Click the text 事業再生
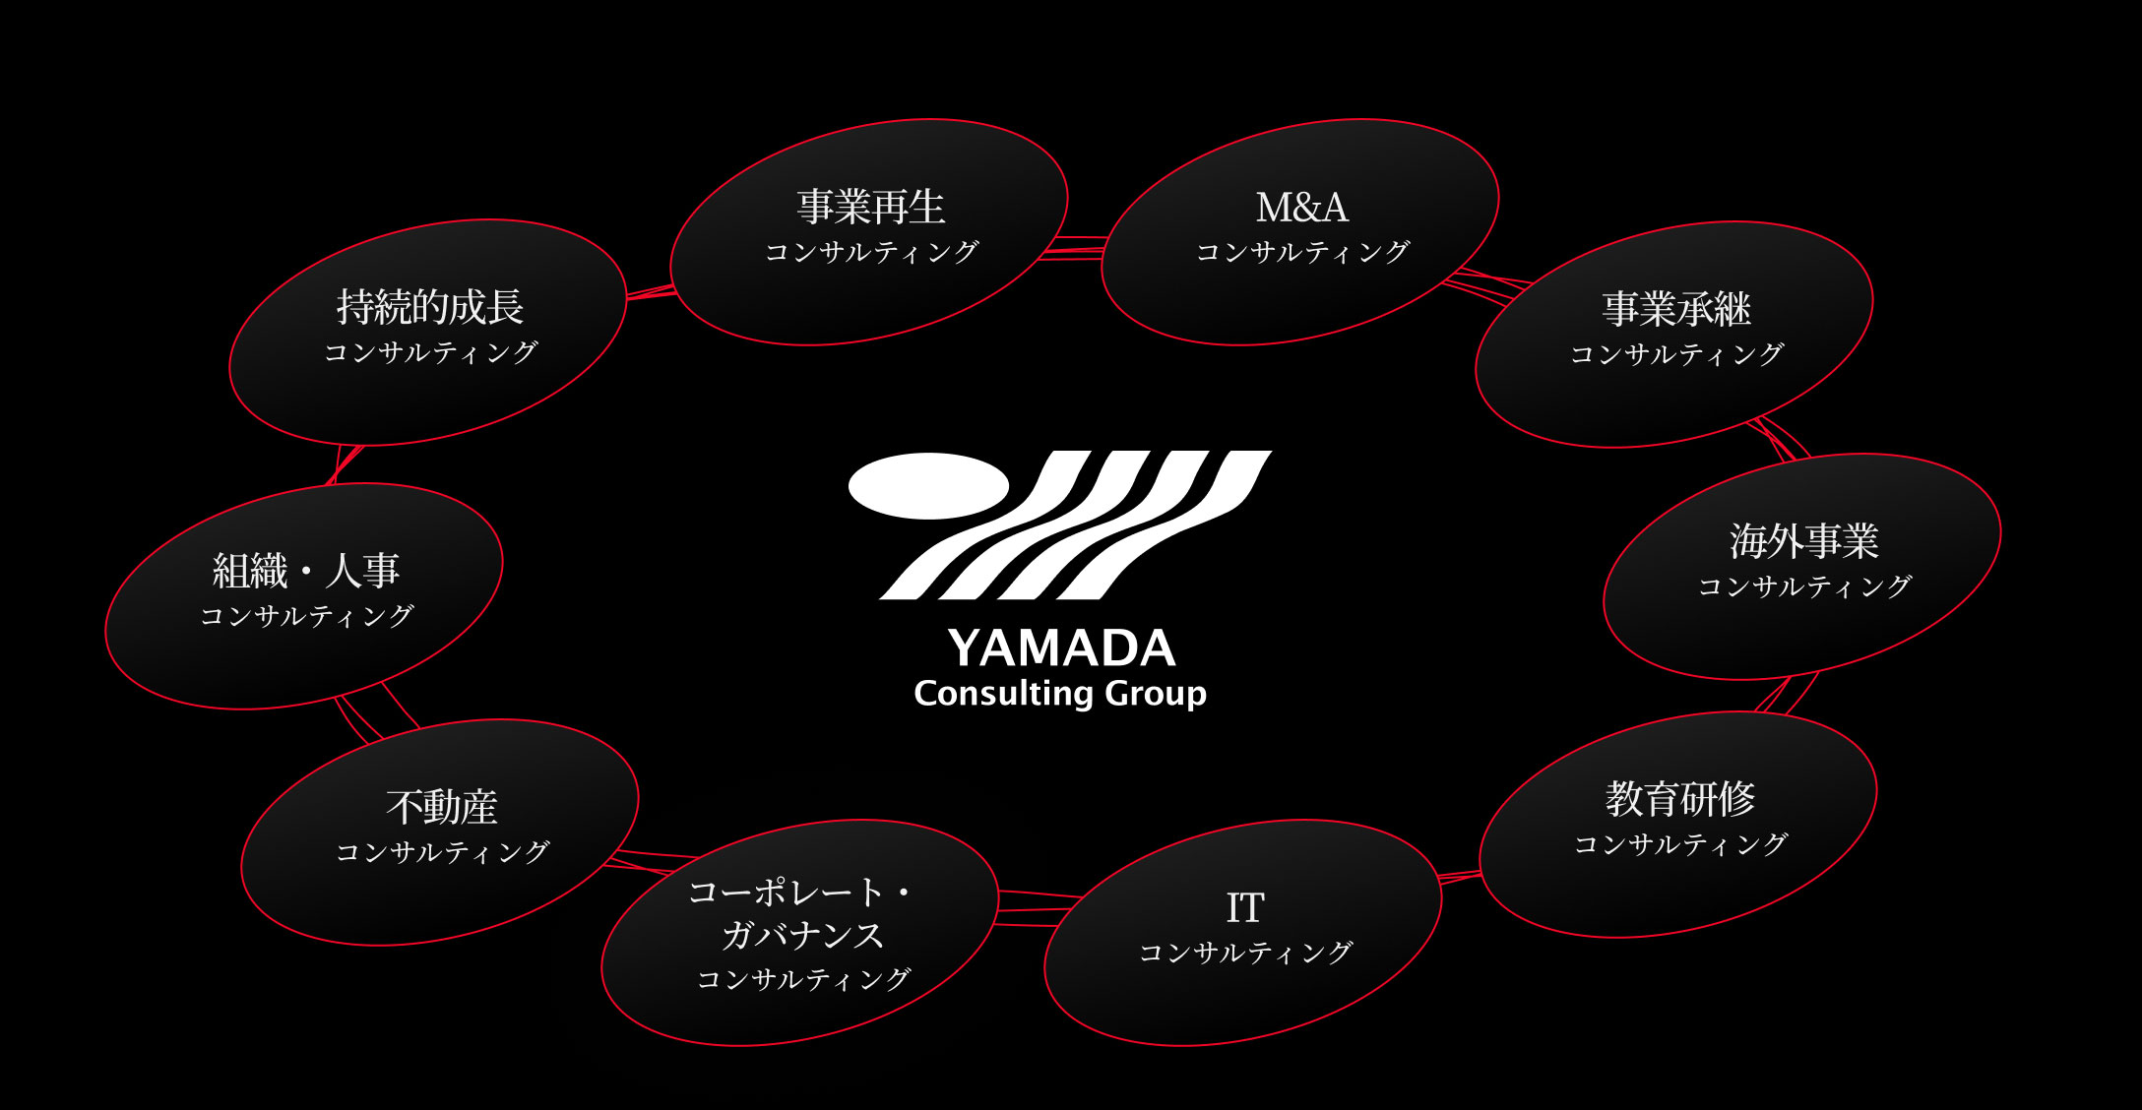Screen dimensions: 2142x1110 (x=871, y=207)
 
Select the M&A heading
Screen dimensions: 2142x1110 (x=1302, y=208)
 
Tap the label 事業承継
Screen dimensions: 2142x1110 (x=1676, y=309)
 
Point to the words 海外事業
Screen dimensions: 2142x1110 (x=1804, y=541)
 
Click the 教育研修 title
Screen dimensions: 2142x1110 (x=1680, y=799)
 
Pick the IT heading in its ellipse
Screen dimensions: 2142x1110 (x=1245, y=908)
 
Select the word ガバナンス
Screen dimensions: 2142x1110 (x=802, y=935)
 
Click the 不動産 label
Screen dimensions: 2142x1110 (x=442, y=807)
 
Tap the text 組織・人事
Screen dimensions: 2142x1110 (x=306, y=571)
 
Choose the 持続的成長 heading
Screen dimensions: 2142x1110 (x=430, y=307)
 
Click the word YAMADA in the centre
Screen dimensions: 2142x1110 (x=1061, y=648)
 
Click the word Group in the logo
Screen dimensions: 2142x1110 (x=1157, y=695)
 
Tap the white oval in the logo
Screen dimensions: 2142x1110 (x=928, y=486)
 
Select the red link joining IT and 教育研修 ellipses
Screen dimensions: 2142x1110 (x=1460, y=877)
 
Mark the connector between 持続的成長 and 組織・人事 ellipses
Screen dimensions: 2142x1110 (x=345, y=464)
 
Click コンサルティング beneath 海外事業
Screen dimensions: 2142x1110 (x=1804, y=586)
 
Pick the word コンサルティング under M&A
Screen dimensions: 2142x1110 (x=1302, y=252)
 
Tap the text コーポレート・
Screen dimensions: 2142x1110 (x=800, y=893)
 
